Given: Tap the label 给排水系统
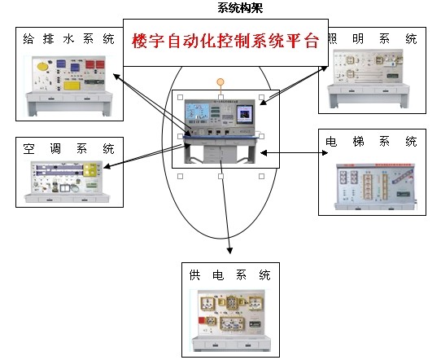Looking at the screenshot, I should pos(68,38).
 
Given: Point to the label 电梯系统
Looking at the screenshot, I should pos(371,141).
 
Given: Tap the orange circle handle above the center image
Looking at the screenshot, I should pos(220,81).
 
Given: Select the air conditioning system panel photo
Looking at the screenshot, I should pos(67,181).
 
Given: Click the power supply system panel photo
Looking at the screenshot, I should pos(231,320).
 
